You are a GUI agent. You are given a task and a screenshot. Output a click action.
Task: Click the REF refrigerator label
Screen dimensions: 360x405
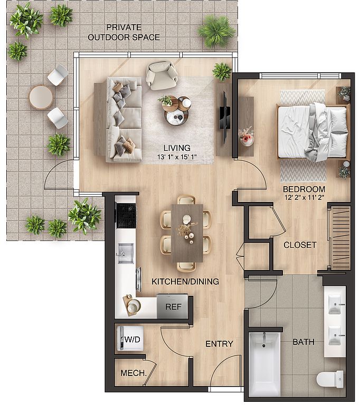click(173, 306)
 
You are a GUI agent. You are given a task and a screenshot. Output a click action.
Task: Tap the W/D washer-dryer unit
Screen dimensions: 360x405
click(130, 339)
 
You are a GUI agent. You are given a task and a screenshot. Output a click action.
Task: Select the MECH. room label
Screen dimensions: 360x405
click(134, 373)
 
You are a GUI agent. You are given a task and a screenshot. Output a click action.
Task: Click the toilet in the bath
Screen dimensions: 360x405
click(330, 379)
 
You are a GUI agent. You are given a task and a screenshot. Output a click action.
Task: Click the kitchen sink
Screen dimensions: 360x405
click(126, 253)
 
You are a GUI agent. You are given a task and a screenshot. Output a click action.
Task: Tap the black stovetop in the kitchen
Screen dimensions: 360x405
click(126, 216)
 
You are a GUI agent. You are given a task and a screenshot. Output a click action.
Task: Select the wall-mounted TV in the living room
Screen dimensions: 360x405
click(224, 118)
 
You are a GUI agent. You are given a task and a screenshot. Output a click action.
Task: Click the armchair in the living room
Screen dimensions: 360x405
click(162, 75)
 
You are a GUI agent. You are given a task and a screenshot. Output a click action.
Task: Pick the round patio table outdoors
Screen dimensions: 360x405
click(41, 98)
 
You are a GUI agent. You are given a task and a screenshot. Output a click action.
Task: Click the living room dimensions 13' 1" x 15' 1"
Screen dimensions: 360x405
click(177, 157)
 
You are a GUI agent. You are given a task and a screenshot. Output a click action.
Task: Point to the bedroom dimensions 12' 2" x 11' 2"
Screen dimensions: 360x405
click(304, 198)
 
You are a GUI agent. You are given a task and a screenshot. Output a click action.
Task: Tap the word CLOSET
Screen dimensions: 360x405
click(300, 245)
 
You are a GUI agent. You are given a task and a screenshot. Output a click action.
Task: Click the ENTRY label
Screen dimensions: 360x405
click(219, 344)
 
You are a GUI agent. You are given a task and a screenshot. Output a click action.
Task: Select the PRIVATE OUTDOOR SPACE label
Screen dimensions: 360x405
click(124, 32)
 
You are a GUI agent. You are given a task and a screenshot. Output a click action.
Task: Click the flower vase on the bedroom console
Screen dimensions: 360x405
click(246, 137)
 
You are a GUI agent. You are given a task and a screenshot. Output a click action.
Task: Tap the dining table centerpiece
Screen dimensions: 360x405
click(187, 230)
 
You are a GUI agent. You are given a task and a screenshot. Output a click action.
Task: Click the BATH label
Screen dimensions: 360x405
click(304, 342)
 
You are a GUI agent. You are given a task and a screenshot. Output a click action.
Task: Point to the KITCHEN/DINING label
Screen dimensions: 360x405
click(185, 281)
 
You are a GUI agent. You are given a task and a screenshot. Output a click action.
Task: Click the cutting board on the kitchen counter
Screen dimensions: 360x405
click(131, 305)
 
